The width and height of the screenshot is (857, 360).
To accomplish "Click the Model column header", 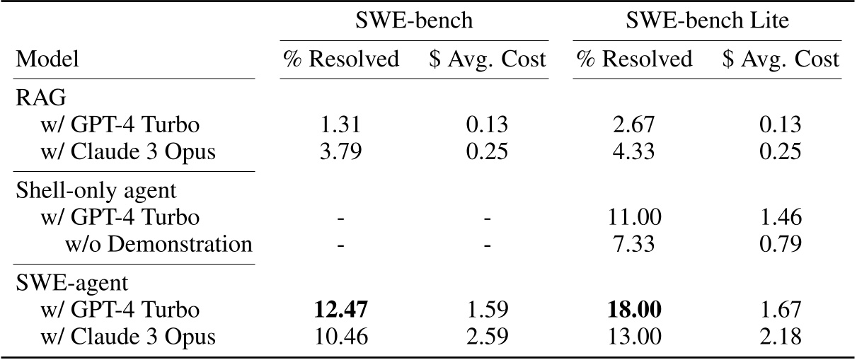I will pyautogui.click(x=48, y=59).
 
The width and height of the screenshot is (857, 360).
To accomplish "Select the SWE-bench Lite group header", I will pyautogui.click(x=708, y=21).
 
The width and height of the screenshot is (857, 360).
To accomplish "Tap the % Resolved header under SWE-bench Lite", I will pyautogui.click(x=634, y=59).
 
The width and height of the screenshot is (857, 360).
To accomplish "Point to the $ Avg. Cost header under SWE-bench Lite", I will pyautogui.click(x=781, y=59).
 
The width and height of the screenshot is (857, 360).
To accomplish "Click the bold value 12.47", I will pyautogui.click(x=342, y=309).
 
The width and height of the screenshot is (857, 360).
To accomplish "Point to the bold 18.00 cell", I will pyautogui.click(x=635, y=309).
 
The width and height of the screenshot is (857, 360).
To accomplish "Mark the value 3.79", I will pyautogui.click(x=342, y=151).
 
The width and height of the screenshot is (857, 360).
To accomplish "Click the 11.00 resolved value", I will pyautogui.click(x=635, y=217).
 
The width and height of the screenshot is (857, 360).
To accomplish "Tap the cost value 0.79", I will pyautogui.click(x=781, y=244).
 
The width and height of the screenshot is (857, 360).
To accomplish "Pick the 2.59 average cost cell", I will pyautogui.click(x=488, y=336).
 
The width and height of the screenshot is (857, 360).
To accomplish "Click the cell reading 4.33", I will pyautogui.click(x=635, y=151).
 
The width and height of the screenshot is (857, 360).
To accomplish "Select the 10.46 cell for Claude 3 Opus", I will pyautogui.click(x=342, y=336).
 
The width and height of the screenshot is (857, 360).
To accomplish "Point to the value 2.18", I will pyautogui.click(x=781, y=336).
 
